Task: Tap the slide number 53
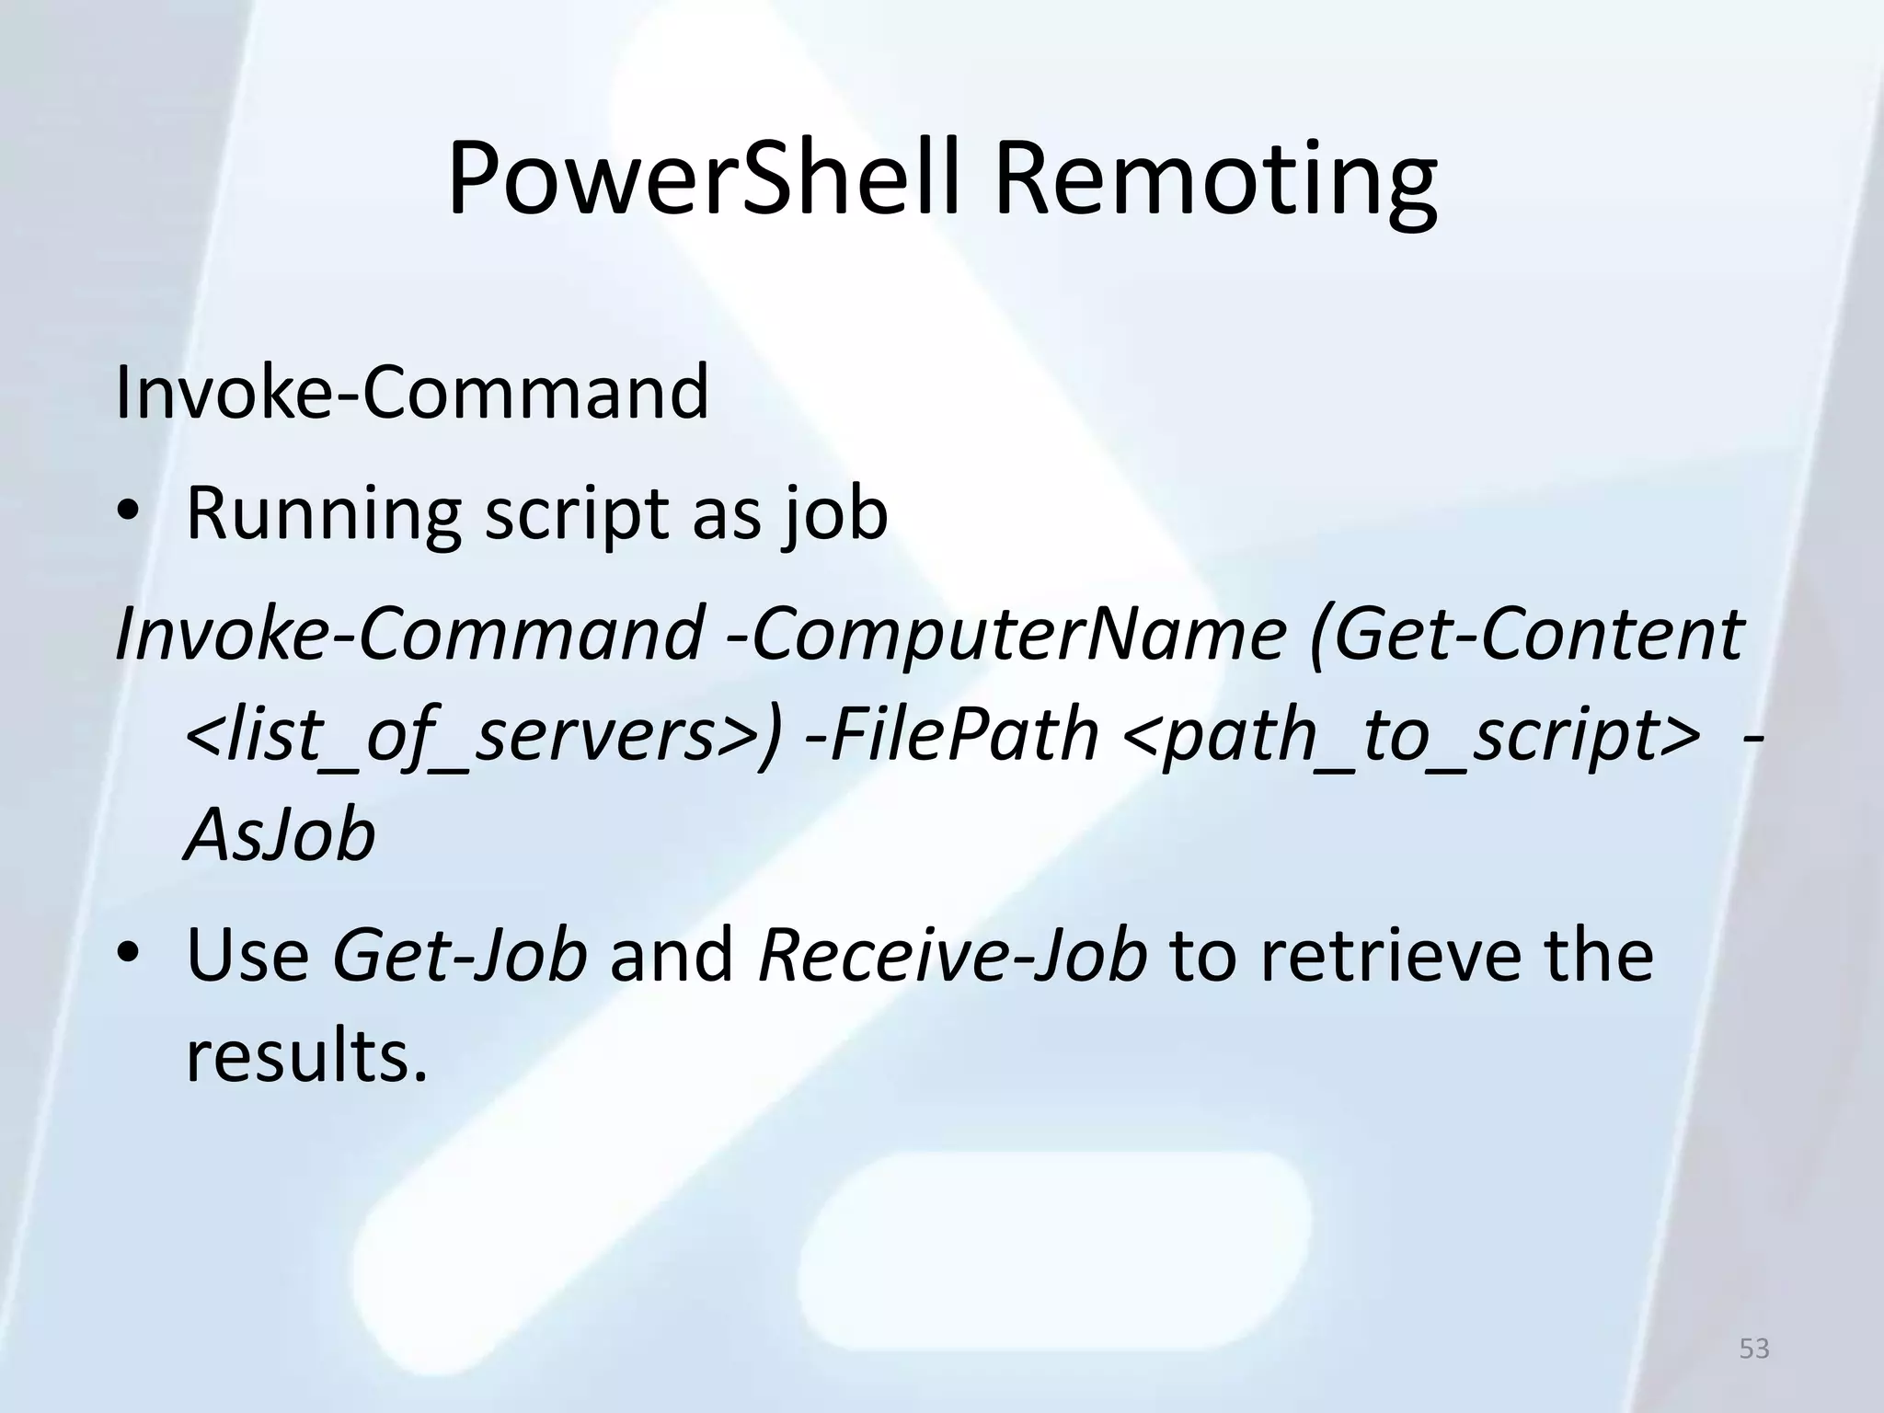pos(1754,1349)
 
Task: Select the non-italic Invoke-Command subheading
pos(412,392)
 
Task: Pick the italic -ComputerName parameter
pos(1005,634)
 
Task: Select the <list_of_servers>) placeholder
pos(484,736)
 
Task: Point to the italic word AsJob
pos(281,835)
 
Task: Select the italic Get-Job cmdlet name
pos(459,955)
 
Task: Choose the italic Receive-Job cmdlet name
pos(952,955)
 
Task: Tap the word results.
pos(307,1056)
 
